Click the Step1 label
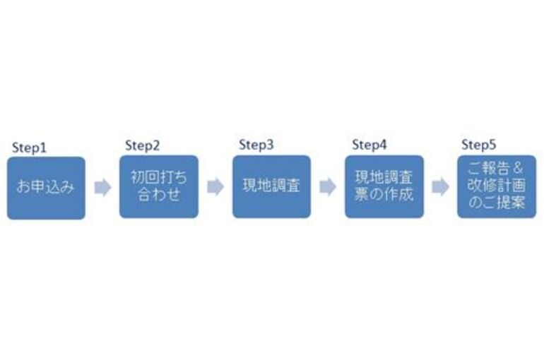29,148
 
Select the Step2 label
142,146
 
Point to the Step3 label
256,145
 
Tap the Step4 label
369,145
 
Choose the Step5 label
479,145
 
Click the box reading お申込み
46,188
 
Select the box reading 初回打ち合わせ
159,187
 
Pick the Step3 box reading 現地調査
272,187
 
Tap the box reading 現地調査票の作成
384,187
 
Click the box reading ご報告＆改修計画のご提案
497,187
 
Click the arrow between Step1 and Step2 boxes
102,188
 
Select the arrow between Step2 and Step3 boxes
215,187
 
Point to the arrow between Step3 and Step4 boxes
328,187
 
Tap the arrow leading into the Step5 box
441,187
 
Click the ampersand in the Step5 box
518,169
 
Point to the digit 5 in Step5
492,144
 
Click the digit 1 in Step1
43,148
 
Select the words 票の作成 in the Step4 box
384,194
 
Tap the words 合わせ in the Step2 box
159,194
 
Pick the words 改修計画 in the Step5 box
497,186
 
